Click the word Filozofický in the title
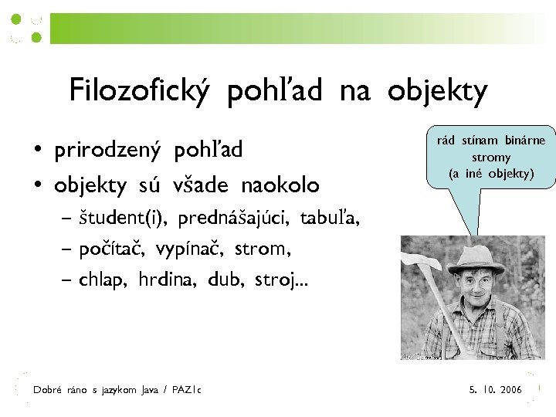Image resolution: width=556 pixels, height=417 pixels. click(140, 92)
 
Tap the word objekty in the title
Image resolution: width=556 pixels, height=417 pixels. click(437, 92)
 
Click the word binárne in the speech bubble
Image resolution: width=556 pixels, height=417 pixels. click(525, 141)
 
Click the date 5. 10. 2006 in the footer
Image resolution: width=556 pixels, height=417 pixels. click(495, 390)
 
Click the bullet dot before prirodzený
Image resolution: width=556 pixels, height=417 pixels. click(37, 150)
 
